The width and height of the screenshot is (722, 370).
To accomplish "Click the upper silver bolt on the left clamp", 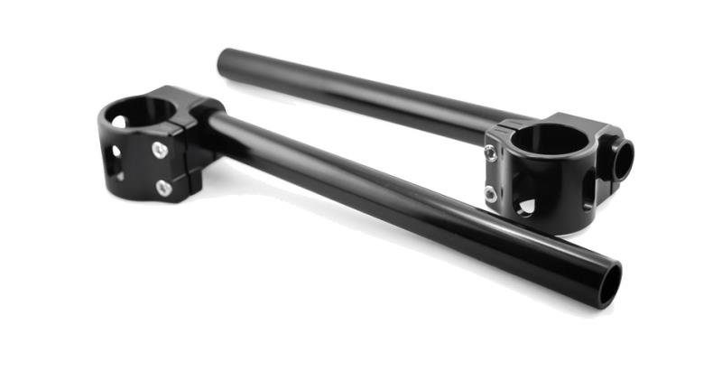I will tap(160, 150).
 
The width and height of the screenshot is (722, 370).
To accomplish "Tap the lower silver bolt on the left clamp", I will tap(163, 188).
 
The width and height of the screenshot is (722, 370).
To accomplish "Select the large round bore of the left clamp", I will tap(138, 113).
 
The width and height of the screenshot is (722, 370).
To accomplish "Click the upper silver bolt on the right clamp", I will tap(490, 154).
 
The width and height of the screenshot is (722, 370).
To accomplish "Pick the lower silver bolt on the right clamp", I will tap(489, 192).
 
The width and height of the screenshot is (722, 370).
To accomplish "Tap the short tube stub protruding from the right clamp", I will tap(623, 158).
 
